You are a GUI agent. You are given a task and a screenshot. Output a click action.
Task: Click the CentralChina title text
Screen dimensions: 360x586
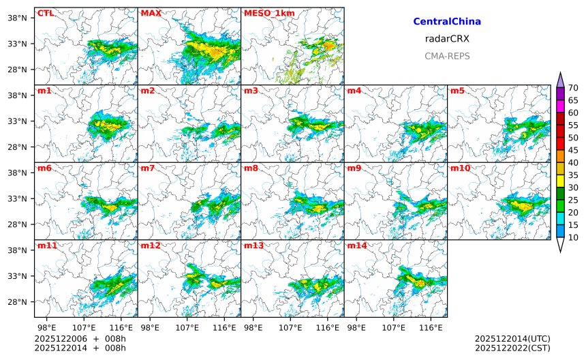[x=447, y=22]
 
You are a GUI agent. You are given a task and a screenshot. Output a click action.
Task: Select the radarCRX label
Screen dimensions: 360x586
[x=447, y=39]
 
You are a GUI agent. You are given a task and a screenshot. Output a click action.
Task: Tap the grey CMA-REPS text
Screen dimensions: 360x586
[x=447, y=56]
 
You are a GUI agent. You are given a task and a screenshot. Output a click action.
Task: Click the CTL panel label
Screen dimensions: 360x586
[x=46, y=13]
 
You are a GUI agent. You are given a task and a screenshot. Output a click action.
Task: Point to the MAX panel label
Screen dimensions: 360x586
[x=151, y=13]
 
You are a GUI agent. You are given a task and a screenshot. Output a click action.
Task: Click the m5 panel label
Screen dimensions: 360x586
[x=457, y=91]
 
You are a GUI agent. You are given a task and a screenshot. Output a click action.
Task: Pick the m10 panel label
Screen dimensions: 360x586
[x=460, y=168]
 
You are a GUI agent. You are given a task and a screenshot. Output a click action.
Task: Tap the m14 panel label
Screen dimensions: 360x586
[x=357, y=245]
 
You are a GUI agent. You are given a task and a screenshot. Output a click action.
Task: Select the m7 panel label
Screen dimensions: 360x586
[x=148, y=168]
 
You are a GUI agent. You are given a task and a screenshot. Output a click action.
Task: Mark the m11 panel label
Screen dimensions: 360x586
[x=47, y=245]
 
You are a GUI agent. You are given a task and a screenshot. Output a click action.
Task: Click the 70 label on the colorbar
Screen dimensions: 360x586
[x=573, y=88]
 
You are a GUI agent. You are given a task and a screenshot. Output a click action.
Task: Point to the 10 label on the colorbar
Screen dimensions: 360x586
[x=573, y=237]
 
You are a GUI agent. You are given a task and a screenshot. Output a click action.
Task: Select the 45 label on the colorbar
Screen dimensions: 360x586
[x=573, y=150]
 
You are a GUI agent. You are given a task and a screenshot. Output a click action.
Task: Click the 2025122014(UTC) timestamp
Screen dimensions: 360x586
[x=512, y=338]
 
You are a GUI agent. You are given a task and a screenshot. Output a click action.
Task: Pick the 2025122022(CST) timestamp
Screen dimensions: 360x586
[x=512, y=348]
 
